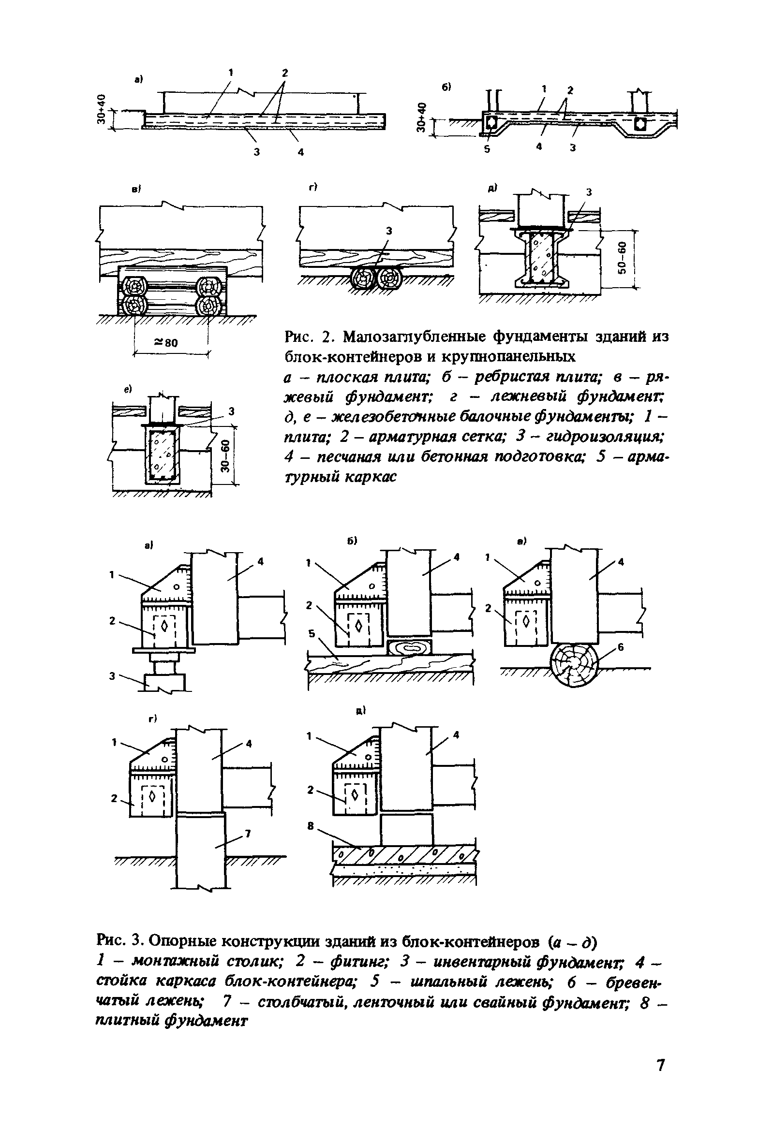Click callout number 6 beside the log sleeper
[621, 648]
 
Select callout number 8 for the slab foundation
[311, 826]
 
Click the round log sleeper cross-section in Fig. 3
[573, 663]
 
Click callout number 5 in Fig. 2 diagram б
[487, 149]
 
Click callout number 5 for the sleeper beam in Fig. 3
[311, 634]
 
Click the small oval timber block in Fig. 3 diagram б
[410, 647]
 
